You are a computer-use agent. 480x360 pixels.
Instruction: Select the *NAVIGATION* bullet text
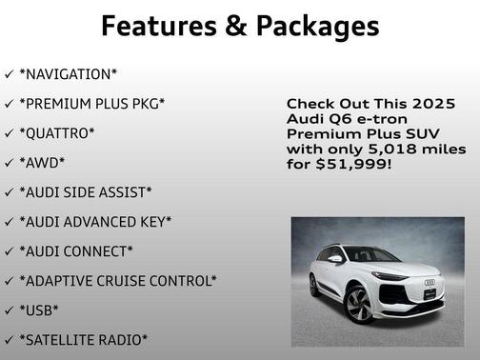click(x=68, y=73)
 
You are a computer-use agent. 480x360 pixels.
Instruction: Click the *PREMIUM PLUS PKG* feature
click(x=91, y=103)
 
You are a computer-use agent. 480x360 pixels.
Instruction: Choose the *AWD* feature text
click(x=43, y=162)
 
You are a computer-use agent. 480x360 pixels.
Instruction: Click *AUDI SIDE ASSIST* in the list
click(x=85, y=191)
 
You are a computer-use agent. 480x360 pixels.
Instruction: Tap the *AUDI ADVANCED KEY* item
click(x=95, y=221)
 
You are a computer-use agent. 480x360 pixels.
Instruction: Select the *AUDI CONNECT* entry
click(x=76, y=250)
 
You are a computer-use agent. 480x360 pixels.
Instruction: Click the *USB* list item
click(x=39, y=310)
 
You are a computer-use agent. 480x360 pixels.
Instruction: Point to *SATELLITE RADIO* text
click(x=83, y=339)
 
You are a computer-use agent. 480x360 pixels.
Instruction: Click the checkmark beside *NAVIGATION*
click(x=9, y=73)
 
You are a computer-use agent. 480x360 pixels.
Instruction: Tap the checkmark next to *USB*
click(x=9, y=310)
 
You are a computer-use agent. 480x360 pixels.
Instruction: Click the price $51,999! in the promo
click(x=349, y=164)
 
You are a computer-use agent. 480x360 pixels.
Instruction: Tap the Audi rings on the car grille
click(x=430, y=282)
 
